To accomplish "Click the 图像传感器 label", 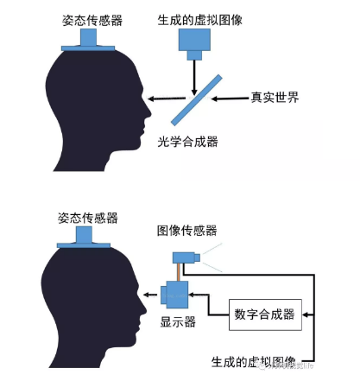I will [x=186, y=230].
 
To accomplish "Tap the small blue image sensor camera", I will [x=186, y=257].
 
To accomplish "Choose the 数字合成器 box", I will [x=262, y=315].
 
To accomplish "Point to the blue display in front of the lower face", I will [x=170, y=294].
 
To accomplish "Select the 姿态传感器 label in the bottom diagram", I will [x=87, y=218].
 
